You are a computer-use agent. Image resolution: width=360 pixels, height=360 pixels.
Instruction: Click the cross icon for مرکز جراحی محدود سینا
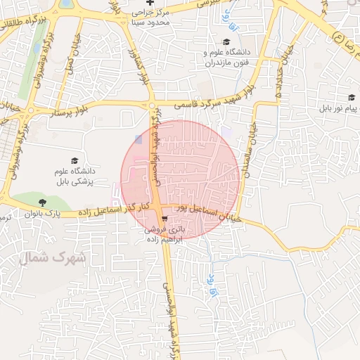click(149, 4)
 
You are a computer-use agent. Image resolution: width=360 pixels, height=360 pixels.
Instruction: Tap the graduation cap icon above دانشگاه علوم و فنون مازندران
click(226, 42)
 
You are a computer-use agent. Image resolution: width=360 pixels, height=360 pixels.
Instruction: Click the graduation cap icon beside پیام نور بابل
click(351, 98)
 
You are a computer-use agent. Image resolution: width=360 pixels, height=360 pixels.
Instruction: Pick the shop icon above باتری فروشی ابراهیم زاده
click(164, 218)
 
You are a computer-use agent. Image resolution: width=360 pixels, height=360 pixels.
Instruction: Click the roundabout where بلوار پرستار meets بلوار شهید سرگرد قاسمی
click(152, 105)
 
